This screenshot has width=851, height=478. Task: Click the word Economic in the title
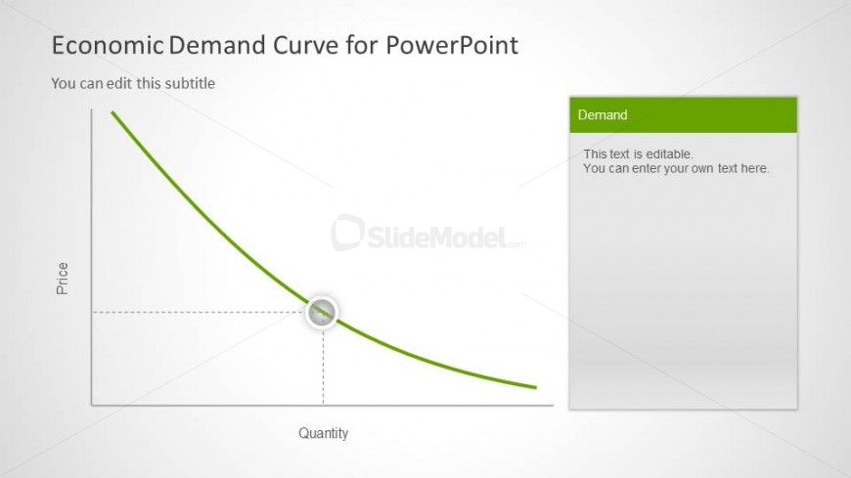[x=108, y=45]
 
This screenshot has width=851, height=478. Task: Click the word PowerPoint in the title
[x=452, y=45]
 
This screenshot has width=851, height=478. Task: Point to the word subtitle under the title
[x=190, y=83]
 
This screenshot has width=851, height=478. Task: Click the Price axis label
[x=63, y=279]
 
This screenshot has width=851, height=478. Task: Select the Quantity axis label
[x=324, y=433]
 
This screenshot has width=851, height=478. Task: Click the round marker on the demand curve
[x=322, y=313]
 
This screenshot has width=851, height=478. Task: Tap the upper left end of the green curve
[x=112, y=112]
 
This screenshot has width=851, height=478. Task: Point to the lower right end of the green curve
[x=536, y=387]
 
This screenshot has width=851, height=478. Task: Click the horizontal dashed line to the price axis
[x=200, y=313]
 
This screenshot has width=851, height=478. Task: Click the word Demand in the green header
[x=603, y=115]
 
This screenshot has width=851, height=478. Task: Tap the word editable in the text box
[x=670, y=154]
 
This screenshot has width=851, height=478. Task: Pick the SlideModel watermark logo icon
[x=347, y=233]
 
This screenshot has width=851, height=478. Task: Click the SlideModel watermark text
[x=446, y=238]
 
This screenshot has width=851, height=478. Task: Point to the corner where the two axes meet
[x=92, y=405]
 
